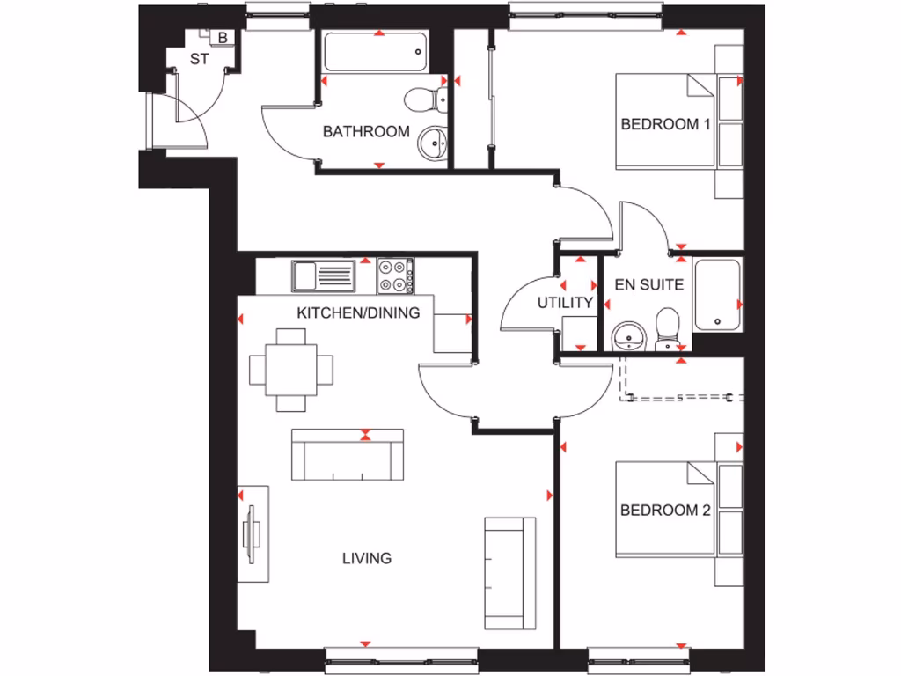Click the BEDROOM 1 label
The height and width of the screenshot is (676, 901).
[x=664, y=124]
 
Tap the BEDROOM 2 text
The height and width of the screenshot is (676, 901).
[x=664, y=511]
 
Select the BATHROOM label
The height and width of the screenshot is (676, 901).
[x=366, y=132]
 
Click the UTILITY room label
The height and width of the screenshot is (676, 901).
[x=565, y=303]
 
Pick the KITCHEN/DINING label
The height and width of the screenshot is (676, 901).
[x=358, y=312]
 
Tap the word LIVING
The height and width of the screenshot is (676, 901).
[x=367, y=558]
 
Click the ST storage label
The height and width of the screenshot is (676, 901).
[x=199, y=61]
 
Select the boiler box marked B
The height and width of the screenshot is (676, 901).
[x=222, y=38]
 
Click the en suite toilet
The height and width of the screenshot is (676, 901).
[x=666, y=329]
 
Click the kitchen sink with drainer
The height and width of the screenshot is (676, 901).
[x=322, y=276]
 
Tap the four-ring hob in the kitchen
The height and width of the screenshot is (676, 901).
[x=393, y=276]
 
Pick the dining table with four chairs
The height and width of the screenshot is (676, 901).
[x=291, y=370]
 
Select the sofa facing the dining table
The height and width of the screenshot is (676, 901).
[x=348, y=454]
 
